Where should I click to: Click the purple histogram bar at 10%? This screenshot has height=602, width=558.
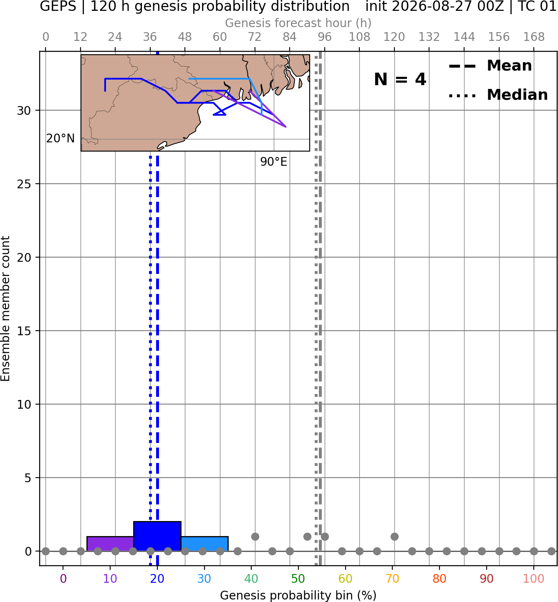click(x=110, y=544)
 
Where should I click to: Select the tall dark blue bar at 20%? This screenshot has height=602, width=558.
click(x=157, y=536)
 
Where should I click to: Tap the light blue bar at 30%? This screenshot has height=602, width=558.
click(x=205, y=544)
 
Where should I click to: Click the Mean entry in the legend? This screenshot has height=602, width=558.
click(x=490, y=66)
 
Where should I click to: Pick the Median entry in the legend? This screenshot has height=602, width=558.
click(x=498, y=95)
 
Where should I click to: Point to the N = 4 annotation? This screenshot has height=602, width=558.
click(x=400, y=79)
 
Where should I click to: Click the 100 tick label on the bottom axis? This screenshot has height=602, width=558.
click(x=533, y=579)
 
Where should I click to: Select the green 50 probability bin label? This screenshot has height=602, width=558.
click(x=298, y=579)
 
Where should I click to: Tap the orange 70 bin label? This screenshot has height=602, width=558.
click(x=392, y=579)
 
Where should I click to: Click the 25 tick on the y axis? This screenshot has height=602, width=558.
click(x=24, y=184)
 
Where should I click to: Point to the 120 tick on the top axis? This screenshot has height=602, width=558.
click(x=394, y=37)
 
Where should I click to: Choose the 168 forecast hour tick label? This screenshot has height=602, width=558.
click(x=534, y=37)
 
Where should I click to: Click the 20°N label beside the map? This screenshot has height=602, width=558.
click(x=61, y=139)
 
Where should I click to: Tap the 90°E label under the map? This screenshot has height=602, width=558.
click(x=273, y=162)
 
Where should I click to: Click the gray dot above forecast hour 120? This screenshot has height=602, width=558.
click(x=394, y=536)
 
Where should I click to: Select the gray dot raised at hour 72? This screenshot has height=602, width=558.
click(x=255, y=536)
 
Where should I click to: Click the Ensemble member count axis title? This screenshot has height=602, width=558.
click(x=5, y=309)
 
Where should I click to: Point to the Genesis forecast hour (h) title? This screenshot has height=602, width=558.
click(x=298, y=23)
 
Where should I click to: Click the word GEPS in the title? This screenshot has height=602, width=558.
click(x=58, y=6)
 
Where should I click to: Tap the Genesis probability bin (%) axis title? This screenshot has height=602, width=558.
click(x=298, y=595)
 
